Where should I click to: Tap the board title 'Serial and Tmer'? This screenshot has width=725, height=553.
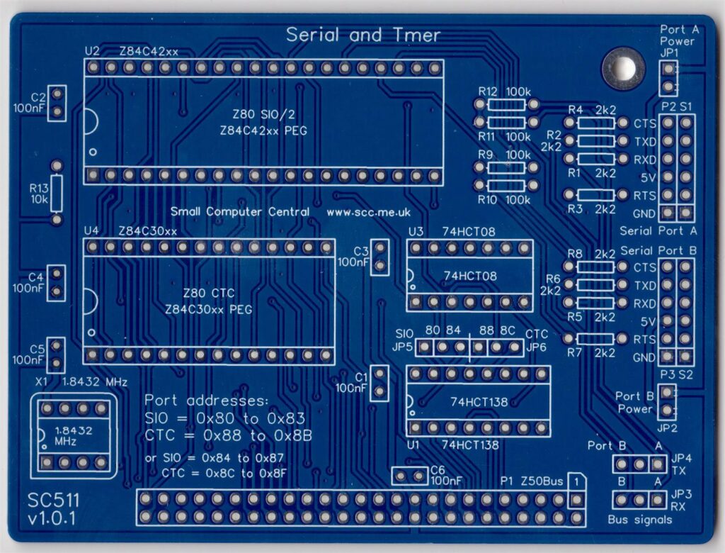[x=363, y=35]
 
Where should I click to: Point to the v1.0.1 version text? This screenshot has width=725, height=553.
[x=52, y=520]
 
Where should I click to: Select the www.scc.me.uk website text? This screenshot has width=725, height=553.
[x=368, y=212]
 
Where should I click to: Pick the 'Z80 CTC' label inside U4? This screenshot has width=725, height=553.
[x=208, y=294]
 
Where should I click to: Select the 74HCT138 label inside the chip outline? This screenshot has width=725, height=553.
[x=479, y=402]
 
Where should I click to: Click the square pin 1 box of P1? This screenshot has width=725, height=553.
[x=577, y=481]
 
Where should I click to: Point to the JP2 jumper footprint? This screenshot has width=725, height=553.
[x=666, y=402]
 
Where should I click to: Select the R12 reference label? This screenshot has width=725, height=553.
[x=488, y=92]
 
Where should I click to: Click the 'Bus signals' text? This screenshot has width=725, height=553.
[x=640, y=520]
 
